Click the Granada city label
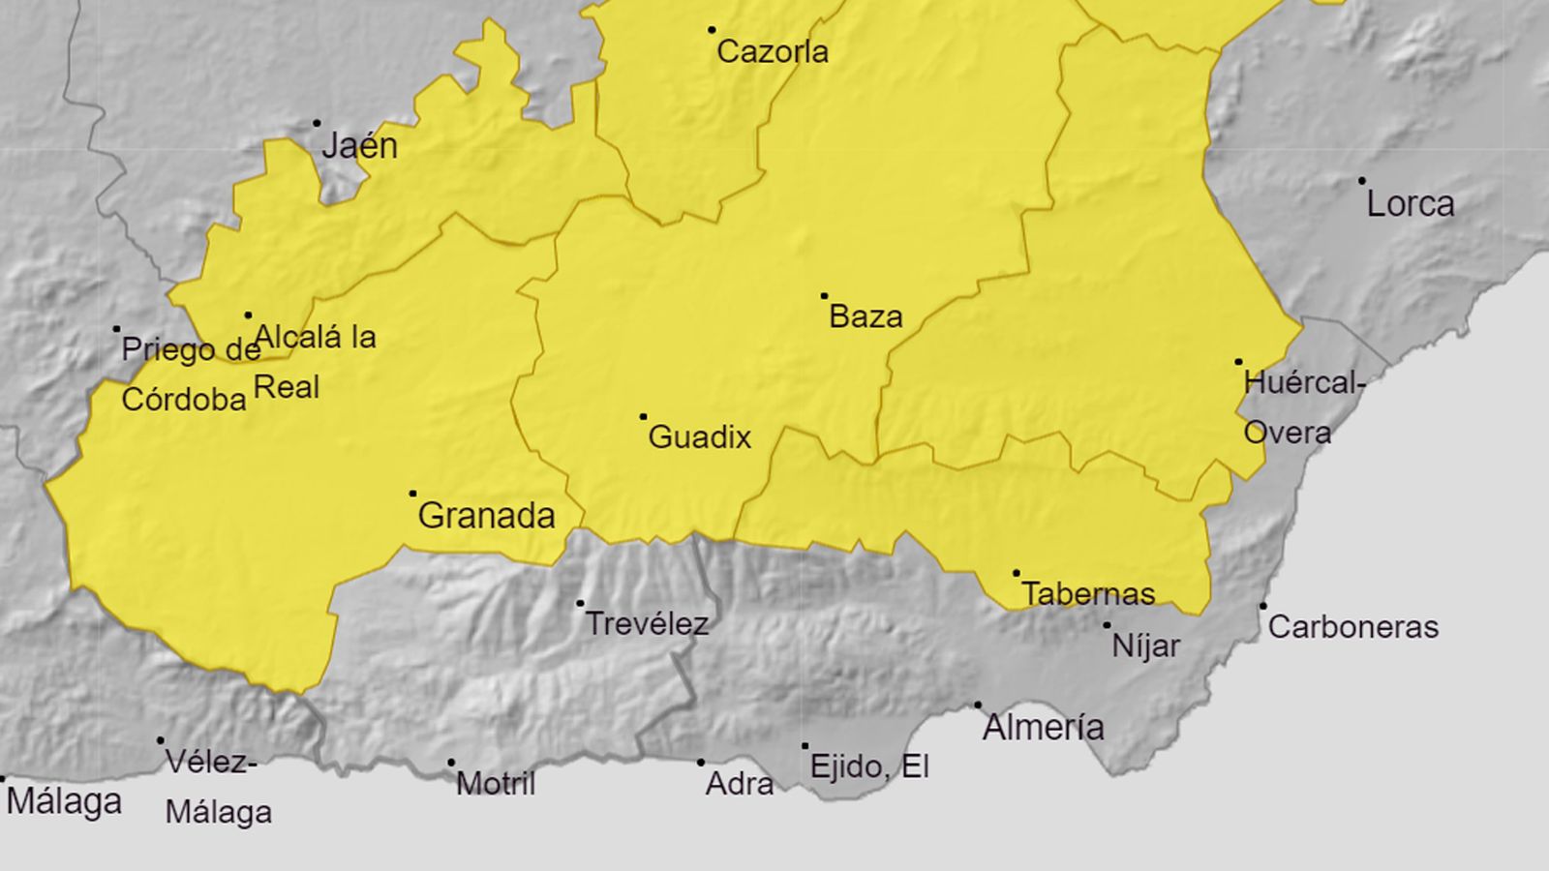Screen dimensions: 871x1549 [486, 516]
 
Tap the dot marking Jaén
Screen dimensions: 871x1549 [317, 124]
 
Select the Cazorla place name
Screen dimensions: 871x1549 [772, 51]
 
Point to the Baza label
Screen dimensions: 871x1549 [866, 316]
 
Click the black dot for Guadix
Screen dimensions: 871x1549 [643, 417]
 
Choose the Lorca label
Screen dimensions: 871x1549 [1410, 204]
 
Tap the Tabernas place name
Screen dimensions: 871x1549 [1088, 593]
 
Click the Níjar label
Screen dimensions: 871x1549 [1145, 646]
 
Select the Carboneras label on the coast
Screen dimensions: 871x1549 [1352, 627]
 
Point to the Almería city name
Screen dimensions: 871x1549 [1043, 727]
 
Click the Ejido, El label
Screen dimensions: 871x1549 [868, 767]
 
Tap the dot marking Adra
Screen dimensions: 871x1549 [701, 763]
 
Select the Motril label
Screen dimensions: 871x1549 [495, 784]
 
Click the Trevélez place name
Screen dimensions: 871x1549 [646, 624]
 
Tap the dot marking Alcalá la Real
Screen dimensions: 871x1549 [248, 315]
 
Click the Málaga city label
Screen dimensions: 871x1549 [64, 802]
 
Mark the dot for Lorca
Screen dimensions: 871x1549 [1362, 181]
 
